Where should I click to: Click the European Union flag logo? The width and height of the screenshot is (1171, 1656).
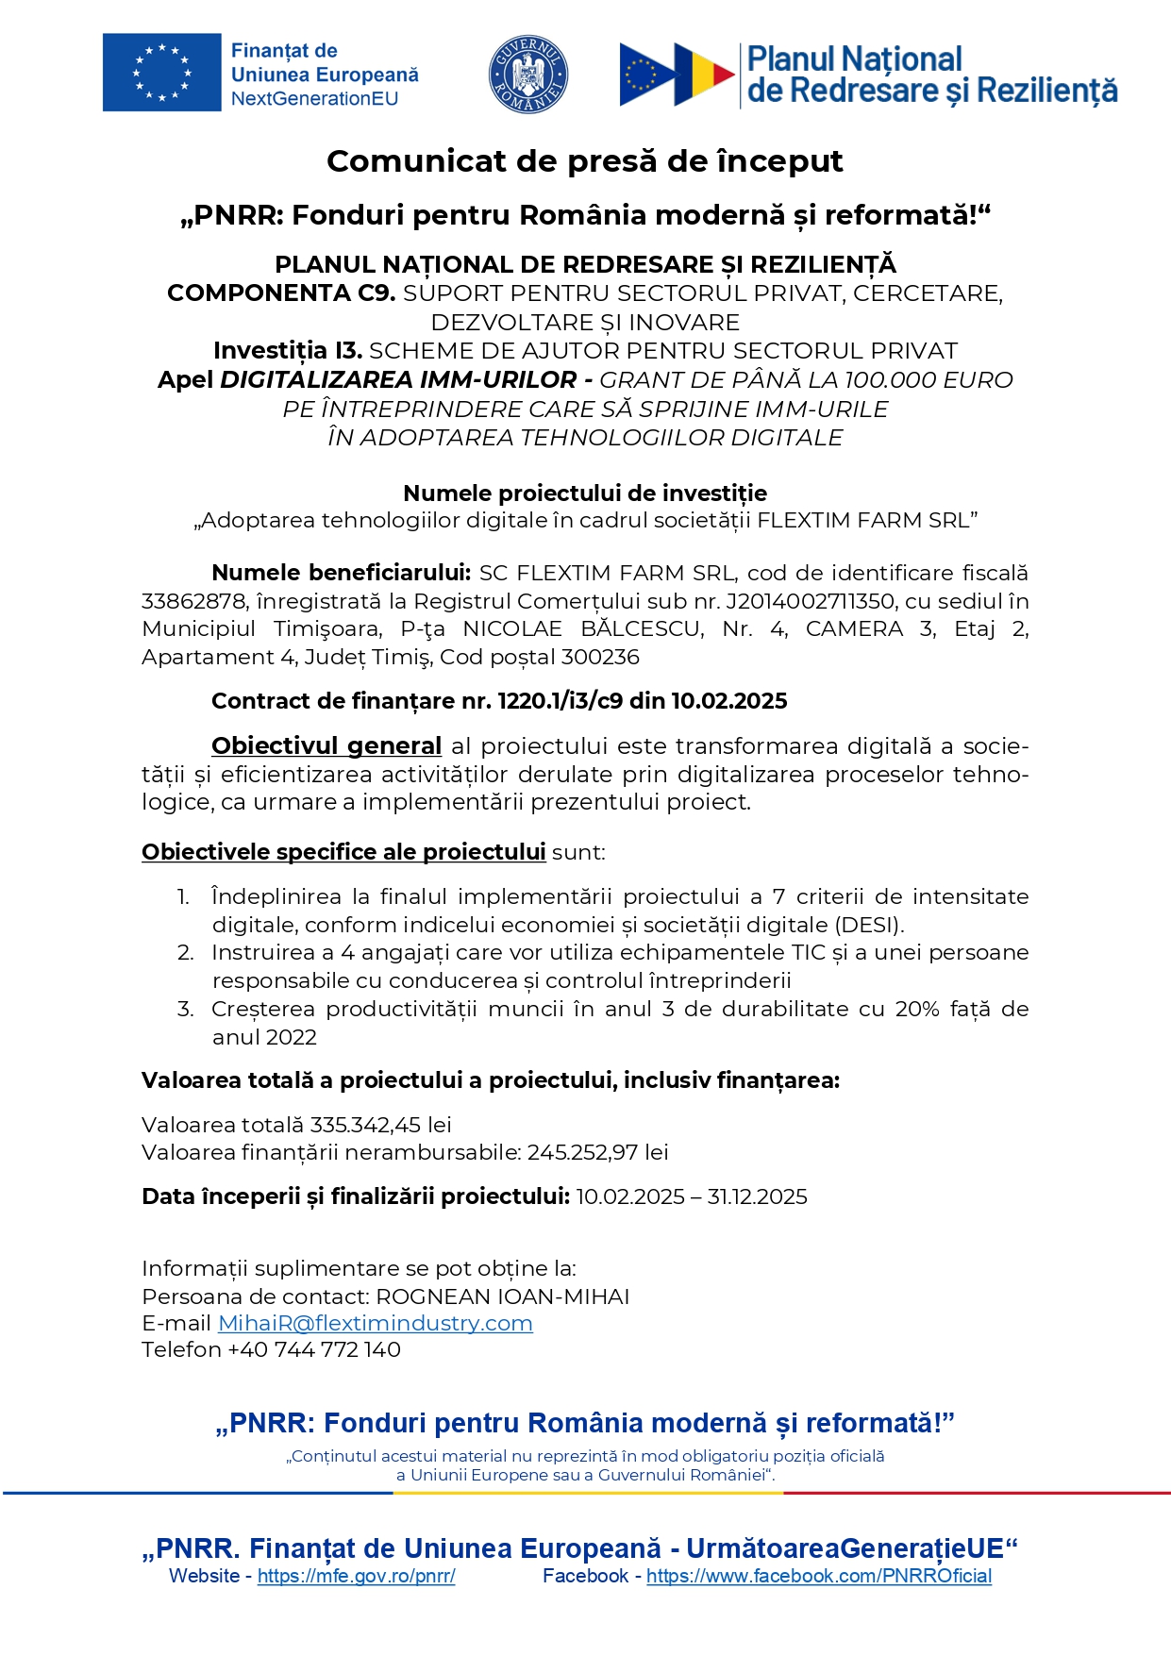[161, 73]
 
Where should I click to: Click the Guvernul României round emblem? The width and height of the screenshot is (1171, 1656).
[527, 74]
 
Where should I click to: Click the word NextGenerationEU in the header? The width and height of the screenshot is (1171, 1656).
[314, 99]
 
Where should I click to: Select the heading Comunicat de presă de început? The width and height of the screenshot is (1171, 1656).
[584, 161]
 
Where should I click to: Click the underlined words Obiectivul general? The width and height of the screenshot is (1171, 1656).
[326, 746]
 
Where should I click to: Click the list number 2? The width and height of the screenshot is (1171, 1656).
[185, 953]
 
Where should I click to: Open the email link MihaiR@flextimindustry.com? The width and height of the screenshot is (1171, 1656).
[375, 1324]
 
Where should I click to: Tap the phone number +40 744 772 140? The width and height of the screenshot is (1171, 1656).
[314, 1350]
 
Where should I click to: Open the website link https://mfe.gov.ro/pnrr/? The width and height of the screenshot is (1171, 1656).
[356, 1577]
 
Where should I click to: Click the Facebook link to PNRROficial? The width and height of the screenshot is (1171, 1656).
[818, 1577]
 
